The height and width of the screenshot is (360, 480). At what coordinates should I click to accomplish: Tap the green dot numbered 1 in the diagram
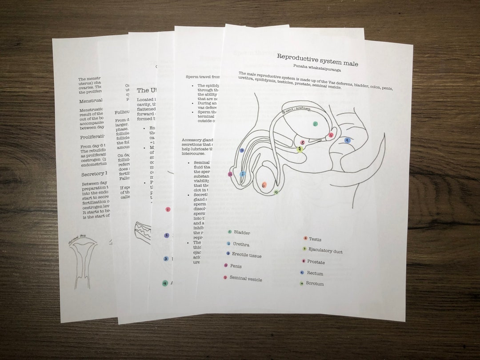tap(315, 124)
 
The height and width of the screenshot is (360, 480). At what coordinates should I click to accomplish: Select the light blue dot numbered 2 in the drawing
tap(243, 174)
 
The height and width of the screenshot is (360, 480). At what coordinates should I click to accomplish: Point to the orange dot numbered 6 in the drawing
tap(264, 185)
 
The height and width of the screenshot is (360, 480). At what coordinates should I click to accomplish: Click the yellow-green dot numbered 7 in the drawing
tap(300, 149)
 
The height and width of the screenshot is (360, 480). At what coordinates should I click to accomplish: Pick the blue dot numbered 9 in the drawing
tap(348, 140)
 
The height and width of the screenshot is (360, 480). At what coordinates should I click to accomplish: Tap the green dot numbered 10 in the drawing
tap(276, 192)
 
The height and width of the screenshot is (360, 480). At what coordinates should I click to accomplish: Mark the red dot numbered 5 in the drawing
tap(331, 135)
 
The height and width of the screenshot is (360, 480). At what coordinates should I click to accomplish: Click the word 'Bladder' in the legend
tap(242, 232)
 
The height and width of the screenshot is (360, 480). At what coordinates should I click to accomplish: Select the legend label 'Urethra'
tap(241, 244)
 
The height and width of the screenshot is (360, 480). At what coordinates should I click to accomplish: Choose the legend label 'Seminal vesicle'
tap(245, 279)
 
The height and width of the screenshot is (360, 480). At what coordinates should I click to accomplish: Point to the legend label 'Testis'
tap(315, 240)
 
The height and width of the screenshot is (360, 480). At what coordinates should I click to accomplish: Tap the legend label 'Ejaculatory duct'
tap(325, 251)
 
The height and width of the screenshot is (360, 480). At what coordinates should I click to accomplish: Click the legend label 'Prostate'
tap(316, 262)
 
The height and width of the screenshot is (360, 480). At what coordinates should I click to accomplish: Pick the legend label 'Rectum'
tap(315, 273)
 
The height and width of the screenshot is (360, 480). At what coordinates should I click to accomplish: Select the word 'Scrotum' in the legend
tap(315, 284)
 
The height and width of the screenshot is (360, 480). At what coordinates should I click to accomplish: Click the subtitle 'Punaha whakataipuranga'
tap(317, 70)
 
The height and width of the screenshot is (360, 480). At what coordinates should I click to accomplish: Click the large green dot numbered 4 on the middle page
tap(165, 283)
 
